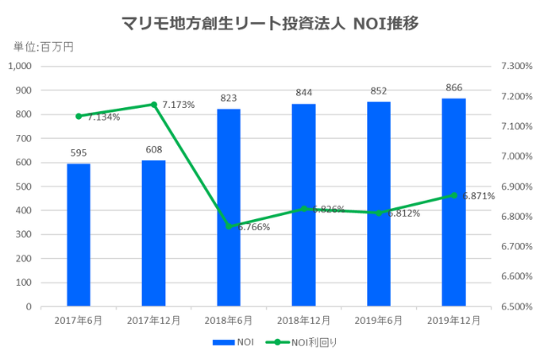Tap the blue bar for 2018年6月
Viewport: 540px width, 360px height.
(x=229, y=207)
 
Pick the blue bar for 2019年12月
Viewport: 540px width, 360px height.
(x=454, y=202)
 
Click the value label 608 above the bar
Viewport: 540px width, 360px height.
(x=154, y=149)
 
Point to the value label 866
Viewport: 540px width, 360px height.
(x=454, y=88)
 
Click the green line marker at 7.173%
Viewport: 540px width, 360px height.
(x=154, y=105)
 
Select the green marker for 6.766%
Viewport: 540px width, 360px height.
(x=229, y=226)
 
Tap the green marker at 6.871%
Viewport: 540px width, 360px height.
(x=454, y=195)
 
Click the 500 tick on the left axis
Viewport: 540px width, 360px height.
(x=24, y=186)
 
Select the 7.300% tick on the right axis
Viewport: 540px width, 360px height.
(x=515, y=66)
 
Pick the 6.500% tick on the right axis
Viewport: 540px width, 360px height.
(x=515, y=307)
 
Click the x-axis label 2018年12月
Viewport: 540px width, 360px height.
(x=304, y=320)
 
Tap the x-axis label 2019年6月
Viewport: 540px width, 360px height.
(x=379, y=320)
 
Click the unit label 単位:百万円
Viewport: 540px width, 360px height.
(x=43, y=46)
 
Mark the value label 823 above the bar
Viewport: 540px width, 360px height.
(x=229, y=98)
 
